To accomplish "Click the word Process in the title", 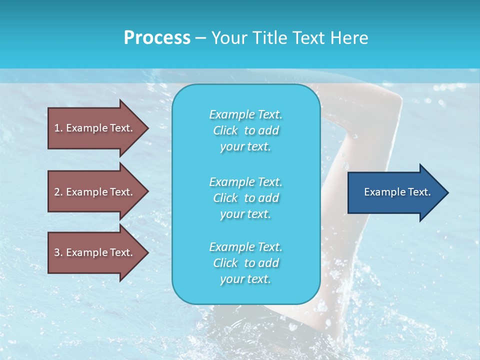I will [157, 38].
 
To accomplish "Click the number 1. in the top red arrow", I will [58, 128].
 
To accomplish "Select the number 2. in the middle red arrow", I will [58, 192].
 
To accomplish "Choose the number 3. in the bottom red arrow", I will [58, 252].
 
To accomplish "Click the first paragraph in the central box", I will [245, 130].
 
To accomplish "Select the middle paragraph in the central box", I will [245, 197].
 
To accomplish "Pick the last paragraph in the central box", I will [245, 263].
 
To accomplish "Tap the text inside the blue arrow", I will [397, 192].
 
